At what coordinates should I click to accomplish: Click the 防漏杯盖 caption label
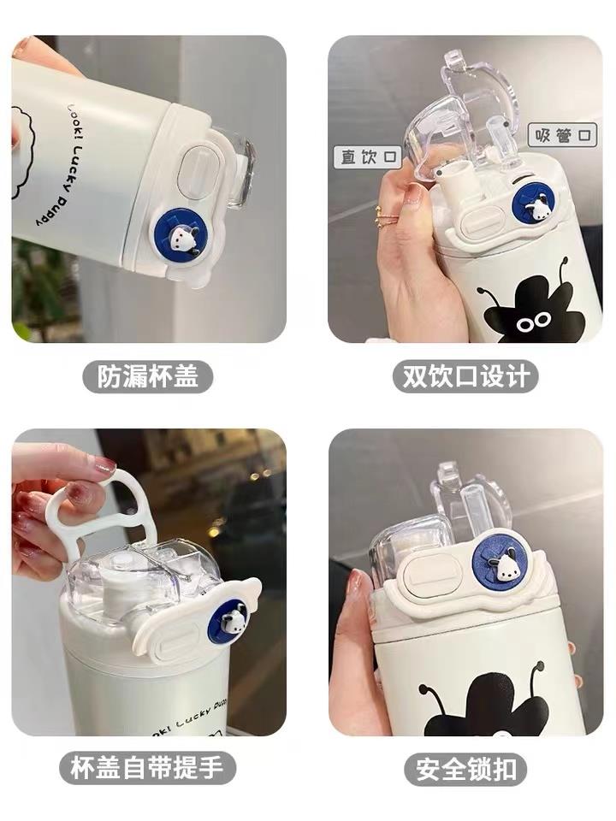(x=148, y=376)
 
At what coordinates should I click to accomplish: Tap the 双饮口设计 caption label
(x=465, y=376)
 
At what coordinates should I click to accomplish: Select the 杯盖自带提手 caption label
(x=148, y=768)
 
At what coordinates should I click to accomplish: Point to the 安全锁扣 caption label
(x=465, y=769)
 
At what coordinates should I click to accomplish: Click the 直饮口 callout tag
(x=368, y=157)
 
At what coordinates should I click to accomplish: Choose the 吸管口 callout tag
(x=562, y=135)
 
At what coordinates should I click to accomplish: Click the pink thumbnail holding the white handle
(x=104, y=464)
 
